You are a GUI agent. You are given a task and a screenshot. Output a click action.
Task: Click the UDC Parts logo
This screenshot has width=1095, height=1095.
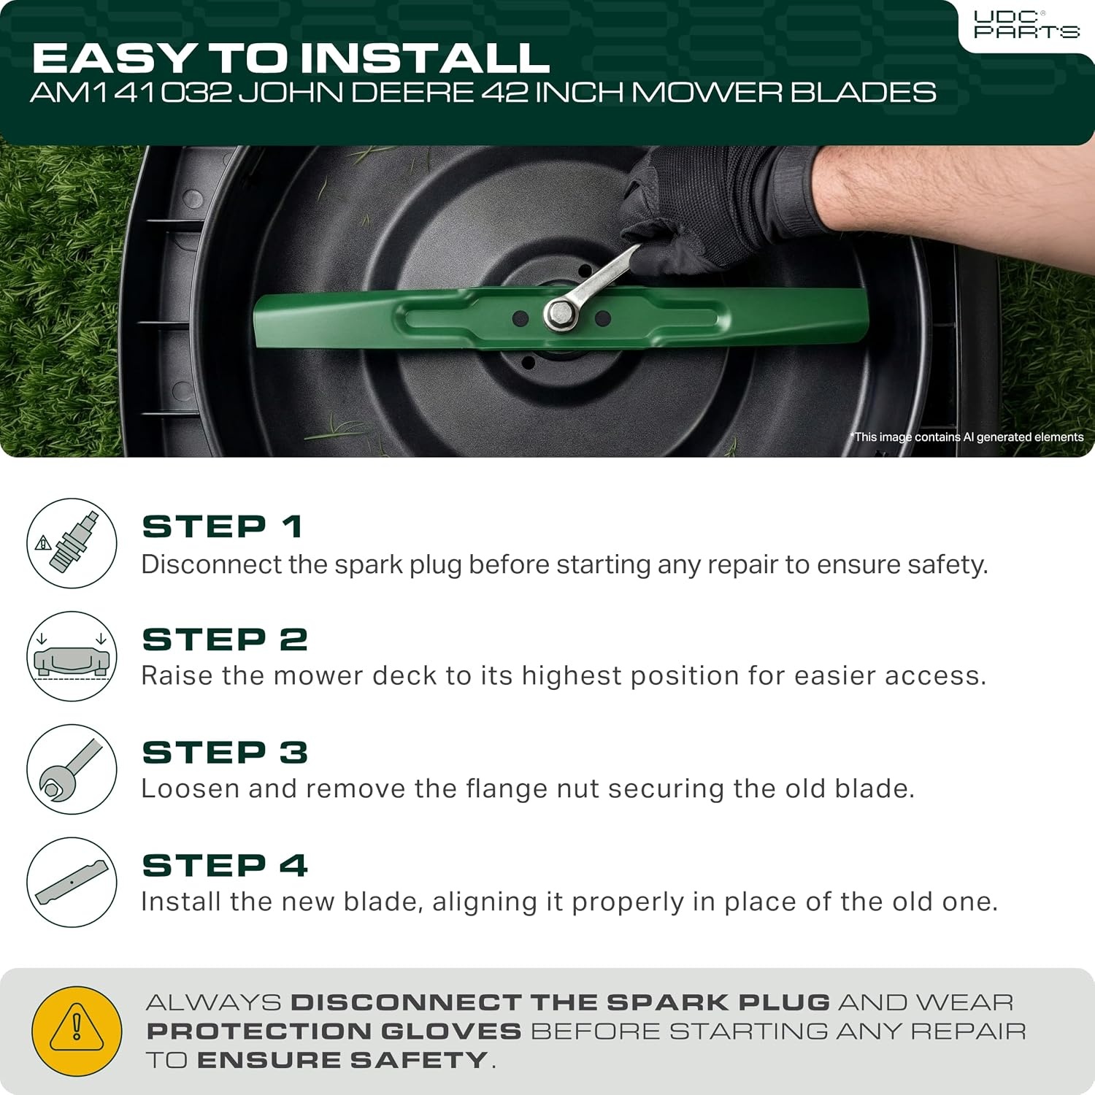(1026, 25)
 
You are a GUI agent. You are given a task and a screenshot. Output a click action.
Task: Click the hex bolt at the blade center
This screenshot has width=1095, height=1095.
(561, 314)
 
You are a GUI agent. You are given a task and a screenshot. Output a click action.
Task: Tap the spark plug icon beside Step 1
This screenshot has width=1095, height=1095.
(72, 543)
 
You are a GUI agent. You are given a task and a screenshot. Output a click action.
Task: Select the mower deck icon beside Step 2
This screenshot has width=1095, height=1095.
(72, 656)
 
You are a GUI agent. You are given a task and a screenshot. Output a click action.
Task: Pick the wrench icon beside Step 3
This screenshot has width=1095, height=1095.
(72, 769)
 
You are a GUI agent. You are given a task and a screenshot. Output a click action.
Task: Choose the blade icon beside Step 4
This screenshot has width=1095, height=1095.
(72, 883)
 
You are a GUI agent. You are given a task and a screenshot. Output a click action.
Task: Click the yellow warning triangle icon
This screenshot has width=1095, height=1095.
(77, 1031)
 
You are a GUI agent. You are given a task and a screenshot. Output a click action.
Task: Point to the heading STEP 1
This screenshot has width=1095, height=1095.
(223, 527)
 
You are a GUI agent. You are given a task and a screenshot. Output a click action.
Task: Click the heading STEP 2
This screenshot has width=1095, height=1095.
(225, 640)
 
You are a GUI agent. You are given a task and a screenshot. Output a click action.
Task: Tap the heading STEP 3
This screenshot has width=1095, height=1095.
(225, 753)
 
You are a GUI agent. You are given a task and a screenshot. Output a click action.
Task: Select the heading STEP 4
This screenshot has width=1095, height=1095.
(225, 866)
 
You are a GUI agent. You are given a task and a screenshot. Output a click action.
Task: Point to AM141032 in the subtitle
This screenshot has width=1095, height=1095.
(131, 93)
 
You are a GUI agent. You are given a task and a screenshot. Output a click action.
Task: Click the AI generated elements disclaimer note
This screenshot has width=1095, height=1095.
(967, 437)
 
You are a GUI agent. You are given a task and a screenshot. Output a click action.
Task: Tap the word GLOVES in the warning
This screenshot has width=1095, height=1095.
(451, 1031)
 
